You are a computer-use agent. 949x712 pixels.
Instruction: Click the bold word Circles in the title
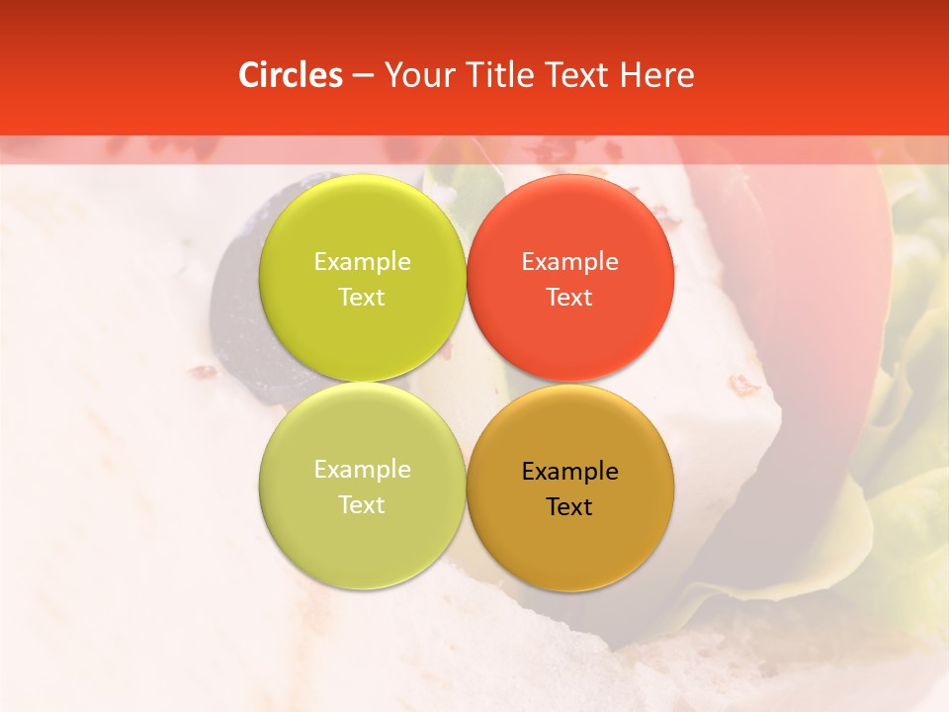pos(290,75)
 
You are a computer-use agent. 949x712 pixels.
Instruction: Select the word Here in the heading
pos(656,75)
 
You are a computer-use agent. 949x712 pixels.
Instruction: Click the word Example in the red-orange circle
pos(569,262)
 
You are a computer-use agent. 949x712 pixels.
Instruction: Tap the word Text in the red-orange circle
pos(569,298)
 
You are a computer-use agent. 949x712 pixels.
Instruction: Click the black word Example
pos(569,472)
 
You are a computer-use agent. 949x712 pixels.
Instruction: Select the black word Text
pos(569,507)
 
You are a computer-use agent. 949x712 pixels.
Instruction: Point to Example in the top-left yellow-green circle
pos(362,262)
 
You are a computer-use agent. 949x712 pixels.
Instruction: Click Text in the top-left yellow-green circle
pos(362,298)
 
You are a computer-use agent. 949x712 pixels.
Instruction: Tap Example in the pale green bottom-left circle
pos(362,470)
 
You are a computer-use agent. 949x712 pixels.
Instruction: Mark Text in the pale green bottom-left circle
pos(362,505)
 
